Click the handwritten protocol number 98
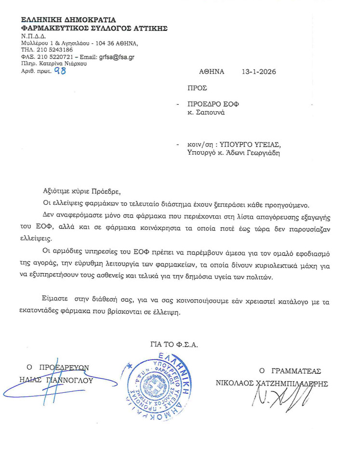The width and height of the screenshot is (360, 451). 60,71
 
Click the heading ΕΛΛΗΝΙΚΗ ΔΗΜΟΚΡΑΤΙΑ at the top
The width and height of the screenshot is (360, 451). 68,20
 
